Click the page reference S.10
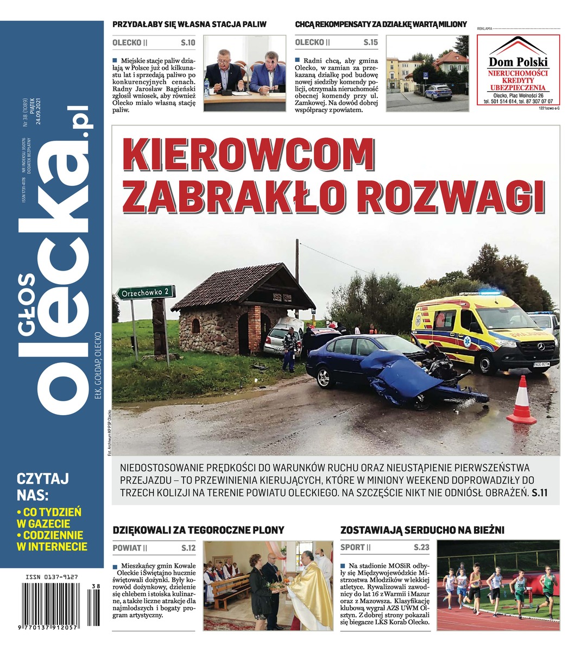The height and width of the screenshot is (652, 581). [x=188, y=42]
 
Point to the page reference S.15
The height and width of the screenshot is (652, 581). [x=370, y=42]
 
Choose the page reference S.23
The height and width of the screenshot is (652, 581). [x=421, y=548]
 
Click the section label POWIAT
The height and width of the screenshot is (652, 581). [x=127, y=548]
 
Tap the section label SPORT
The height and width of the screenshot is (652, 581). [x=353, y=548]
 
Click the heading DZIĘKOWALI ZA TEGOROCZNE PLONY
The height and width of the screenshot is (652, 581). [x=198, y=530]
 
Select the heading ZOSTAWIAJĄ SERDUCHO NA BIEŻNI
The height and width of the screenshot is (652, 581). [x=422, y=530]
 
